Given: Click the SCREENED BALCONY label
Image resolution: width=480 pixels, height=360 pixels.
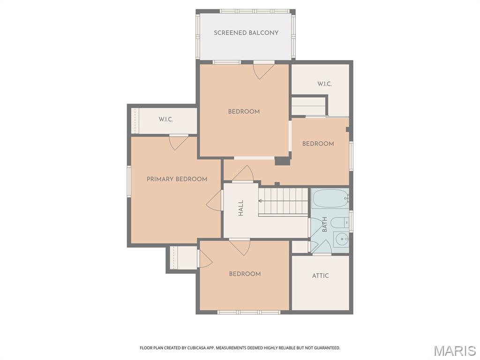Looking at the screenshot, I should (x=246, y=33).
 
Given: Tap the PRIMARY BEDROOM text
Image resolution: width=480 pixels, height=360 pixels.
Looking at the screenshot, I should (x=177, y=179).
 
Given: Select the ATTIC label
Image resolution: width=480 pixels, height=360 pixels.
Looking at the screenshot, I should (x=320, y=276).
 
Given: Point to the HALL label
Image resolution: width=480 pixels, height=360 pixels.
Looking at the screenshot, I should (x=241, y=208).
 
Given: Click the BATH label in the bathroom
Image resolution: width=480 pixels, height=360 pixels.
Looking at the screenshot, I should (x=324, y=225).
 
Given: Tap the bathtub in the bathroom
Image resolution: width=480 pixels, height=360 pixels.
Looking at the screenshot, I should (x=330, y=199).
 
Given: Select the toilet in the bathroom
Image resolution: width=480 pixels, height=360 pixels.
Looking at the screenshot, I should (x=338, y=222).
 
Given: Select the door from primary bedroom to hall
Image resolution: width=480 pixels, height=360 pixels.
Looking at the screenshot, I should (x=214, y=201).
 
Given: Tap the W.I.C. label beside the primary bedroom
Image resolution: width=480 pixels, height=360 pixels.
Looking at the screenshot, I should (x=166, y=120).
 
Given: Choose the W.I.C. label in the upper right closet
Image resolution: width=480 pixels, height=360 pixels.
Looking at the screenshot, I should (x=324, y=84).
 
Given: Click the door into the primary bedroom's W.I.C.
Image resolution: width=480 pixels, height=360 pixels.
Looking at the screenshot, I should (x=179, y=142).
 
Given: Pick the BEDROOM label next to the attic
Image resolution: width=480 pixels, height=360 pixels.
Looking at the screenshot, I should (x=245, y=274).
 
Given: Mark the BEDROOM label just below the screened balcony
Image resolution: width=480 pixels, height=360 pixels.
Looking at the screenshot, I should (x=244, y=112).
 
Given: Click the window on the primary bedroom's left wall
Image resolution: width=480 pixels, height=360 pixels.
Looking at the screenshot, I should (x=129, y=180).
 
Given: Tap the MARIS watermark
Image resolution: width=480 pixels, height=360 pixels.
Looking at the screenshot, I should (x=454, y=351).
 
